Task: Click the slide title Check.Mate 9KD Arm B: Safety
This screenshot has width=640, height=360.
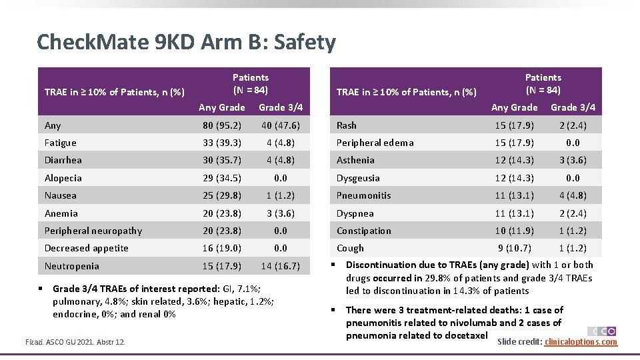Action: [x=186, y=43]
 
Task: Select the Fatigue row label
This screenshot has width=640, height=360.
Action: [x=61, y=143]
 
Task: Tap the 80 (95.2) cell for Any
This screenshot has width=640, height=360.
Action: [x=222, y=125]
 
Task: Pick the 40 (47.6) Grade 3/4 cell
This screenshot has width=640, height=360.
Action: [x=281, y=125]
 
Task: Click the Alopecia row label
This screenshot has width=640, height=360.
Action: [x=63, y=178]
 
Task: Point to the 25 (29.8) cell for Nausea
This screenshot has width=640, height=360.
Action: [x=222, y=195]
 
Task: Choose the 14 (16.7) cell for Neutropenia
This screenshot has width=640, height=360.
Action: [x=281, y=266]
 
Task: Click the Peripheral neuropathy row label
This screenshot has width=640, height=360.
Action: [x=93, y=231]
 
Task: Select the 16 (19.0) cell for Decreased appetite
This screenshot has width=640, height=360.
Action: [x=222, y=248]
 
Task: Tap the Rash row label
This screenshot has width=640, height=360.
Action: [x=347, y=125]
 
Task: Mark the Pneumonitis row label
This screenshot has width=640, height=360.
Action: [x=363, y=195]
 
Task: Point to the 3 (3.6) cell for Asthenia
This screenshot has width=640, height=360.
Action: [x=573, y=160]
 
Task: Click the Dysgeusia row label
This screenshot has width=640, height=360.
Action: [x=358, y=178]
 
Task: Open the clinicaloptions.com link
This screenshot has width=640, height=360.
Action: [x=581, y=342]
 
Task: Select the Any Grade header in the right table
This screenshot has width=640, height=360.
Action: [x=514, y=107]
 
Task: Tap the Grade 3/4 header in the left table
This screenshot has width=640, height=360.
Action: [x=281, y=107]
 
